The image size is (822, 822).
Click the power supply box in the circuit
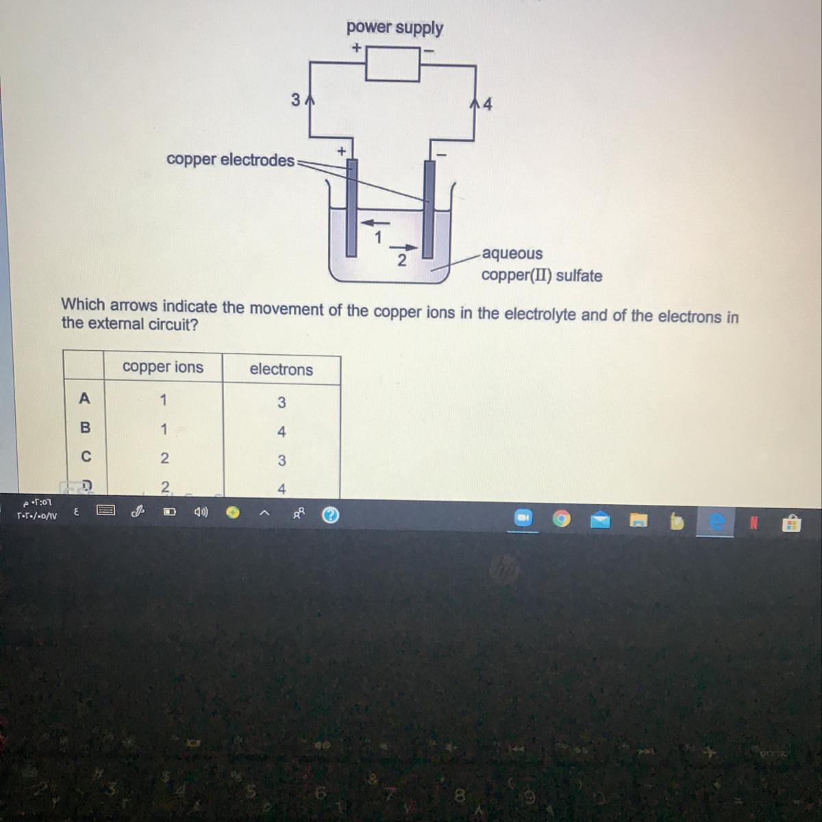click(x=392, y=64)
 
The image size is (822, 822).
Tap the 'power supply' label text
click(x=395, y=27)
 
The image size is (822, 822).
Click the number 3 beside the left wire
click(x=295, y=100)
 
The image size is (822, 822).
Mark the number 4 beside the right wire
click(x=487, y=105)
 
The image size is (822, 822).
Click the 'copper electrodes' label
click(x=230, y=160)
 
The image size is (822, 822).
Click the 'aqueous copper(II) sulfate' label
click(x=541, y=264)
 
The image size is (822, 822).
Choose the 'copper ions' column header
click(x=163, y=367)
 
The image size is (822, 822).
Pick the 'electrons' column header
click(x=281, y=370)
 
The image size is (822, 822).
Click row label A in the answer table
click(x=84, y=398)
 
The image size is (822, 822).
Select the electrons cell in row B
click(x=281, y=432)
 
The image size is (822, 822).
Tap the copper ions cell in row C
click(x=164, y=458)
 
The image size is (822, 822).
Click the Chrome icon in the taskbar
click(x=561, y=520)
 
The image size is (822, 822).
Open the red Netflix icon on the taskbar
click(x=753, y=523)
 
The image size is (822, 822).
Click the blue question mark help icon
click(x=330, y=515)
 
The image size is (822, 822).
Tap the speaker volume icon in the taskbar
click(x=201, y=512)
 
